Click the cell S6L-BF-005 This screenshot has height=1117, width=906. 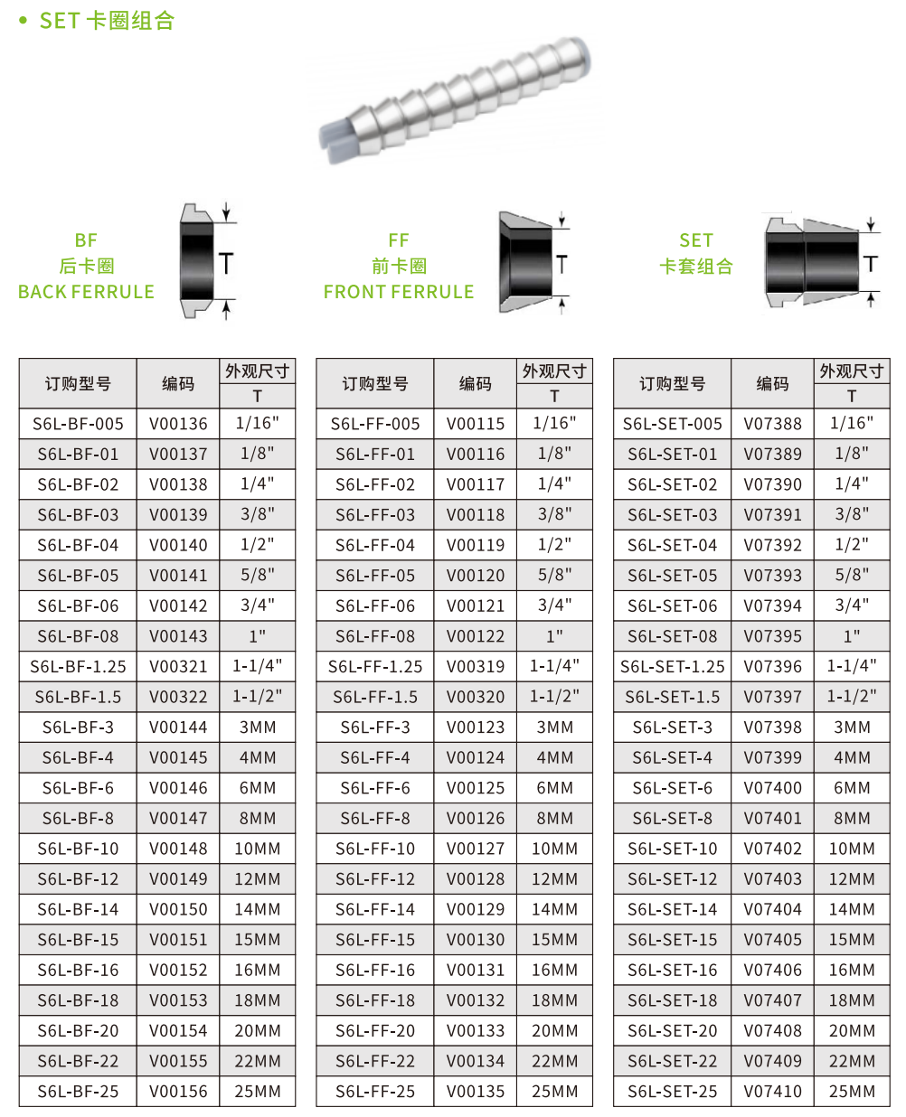[x=78, y=423]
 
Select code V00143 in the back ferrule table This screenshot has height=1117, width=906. [x=178, y=635]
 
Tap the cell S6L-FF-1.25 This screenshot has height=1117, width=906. [x=374, y=666]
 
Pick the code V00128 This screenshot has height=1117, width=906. [x=475, y=878]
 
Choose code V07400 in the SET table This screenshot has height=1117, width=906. [x=772, y=787]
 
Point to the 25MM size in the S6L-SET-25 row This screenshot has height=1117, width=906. [x=852, y=1091]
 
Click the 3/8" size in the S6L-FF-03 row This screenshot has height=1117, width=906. [x=554, y=514]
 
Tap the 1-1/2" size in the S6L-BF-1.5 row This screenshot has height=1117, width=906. [x=257, y=696]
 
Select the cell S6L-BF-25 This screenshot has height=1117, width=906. [x=78, y=1091]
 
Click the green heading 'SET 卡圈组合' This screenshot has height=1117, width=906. [x=107, y=21]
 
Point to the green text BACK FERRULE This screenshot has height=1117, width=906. [x=86, y=292]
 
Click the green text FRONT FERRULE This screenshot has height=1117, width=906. [x=398, y=292]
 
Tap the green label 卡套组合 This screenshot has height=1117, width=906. [x=695, y=266]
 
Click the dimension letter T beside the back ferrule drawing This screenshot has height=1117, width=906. [x=225, y=263]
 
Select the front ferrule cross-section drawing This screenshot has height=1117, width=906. [x=525, y=262]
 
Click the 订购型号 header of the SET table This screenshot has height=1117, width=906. [x=672, y=383]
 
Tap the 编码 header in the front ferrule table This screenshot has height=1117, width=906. [x=475, y=383]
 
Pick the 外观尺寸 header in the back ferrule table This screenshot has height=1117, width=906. [x=257, y=371]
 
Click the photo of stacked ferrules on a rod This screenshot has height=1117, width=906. [x=455, y=99]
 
